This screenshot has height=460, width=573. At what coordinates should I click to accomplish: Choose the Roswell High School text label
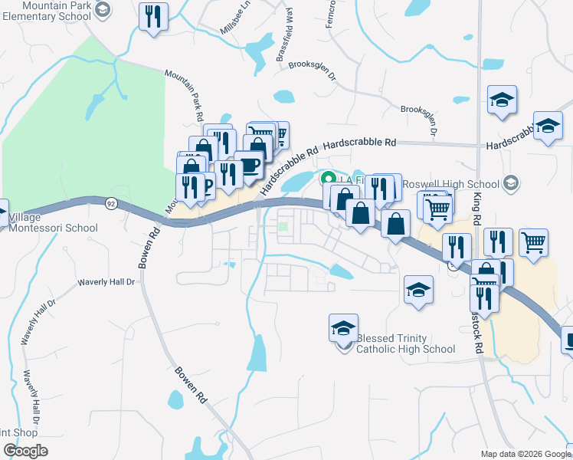point(450,184)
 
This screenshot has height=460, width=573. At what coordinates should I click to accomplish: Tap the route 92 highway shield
point(112,204)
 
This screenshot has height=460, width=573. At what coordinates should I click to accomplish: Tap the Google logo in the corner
point(25,451)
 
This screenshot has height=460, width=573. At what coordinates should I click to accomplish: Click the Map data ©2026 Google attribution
point(526,454)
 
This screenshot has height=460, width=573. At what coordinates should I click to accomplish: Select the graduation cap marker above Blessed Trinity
point(343,327)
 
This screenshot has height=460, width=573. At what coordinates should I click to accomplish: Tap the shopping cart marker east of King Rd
point(533,243)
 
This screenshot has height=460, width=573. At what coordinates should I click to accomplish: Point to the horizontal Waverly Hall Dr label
point(106,282)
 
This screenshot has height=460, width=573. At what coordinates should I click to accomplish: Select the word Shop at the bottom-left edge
point(18,430)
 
